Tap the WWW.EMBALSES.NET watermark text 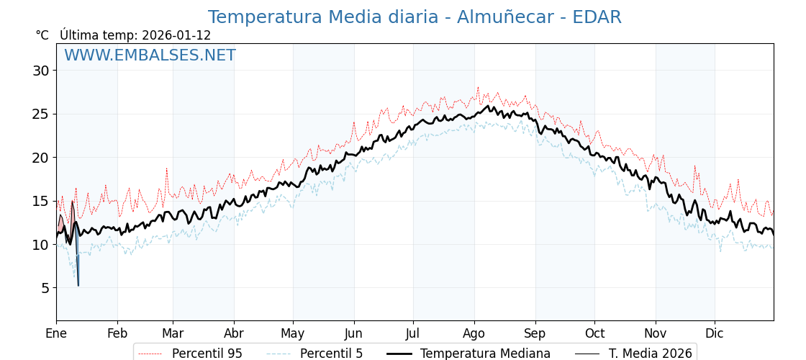click(150, 55)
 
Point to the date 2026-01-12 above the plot click(176, 35)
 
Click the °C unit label click(42, 35)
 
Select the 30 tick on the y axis click(40, 71)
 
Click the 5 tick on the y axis click(45, 288)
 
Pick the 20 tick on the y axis click(40, 158)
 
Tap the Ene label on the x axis click(56, 333)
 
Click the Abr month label click(234, 333)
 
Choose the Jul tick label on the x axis click(413, 333)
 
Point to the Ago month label click(474, 333)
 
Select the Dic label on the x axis click(715, 333)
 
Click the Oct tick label click(594, 333)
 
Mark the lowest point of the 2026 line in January click(78, 285)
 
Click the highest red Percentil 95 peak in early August click(478, 88)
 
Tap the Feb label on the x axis click(117, 333)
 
